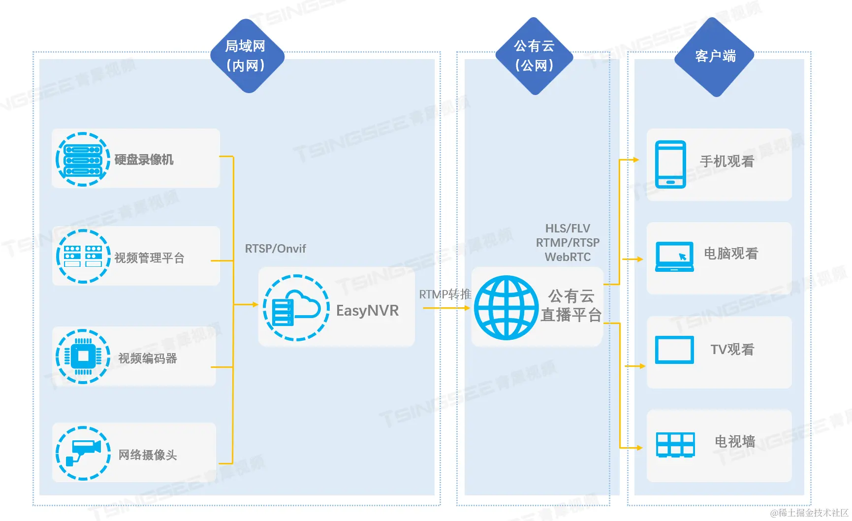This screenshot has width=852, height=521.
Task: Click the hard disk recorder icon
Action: point(83,159)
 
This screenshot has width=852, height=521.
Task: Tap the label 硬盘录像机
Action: point(144,160)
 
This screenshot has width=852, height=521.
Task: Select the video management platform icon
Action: point(83,256)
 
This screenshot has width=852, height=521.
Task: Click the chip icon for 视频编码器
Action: point(83,356)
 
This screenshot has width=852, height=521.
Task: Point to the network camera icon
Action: point(83,453)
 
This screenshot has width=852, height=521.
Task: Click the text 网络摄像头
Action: point(148,455)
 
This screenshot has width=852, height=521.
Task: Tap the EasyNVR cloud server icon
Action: point(296,308)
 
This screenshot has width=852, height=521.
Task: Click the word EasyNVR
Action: point(367,310)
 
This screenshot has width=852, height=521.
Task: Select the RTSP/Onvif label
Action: point(275,249)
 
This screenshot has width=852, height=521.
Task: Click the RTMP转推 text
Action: point(445,294)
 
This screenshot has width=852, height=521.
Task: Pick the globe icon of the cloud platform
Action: point(506,307)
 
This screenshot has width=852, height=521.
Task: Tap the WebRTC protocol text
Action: point(568,257)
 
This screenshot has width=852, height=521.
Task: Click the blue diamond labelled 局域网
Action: point(247,56)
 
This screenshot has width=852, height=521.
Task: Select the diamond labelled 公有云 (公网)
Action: point(534,56)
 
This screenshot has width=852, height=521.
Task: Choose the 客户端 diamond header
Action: point(715,57)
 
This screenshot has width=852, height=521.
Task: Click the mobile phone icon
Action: point(670,164)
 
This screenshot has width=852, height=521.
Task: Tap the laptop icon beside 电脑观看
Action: point(674,257)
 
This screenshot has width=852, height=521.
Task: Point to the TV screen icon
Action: point(674,350)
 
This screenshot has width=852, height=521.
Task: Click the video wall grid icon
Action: point(675,445)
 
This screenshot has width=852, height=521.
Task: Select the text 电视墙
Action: point(734,441)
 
